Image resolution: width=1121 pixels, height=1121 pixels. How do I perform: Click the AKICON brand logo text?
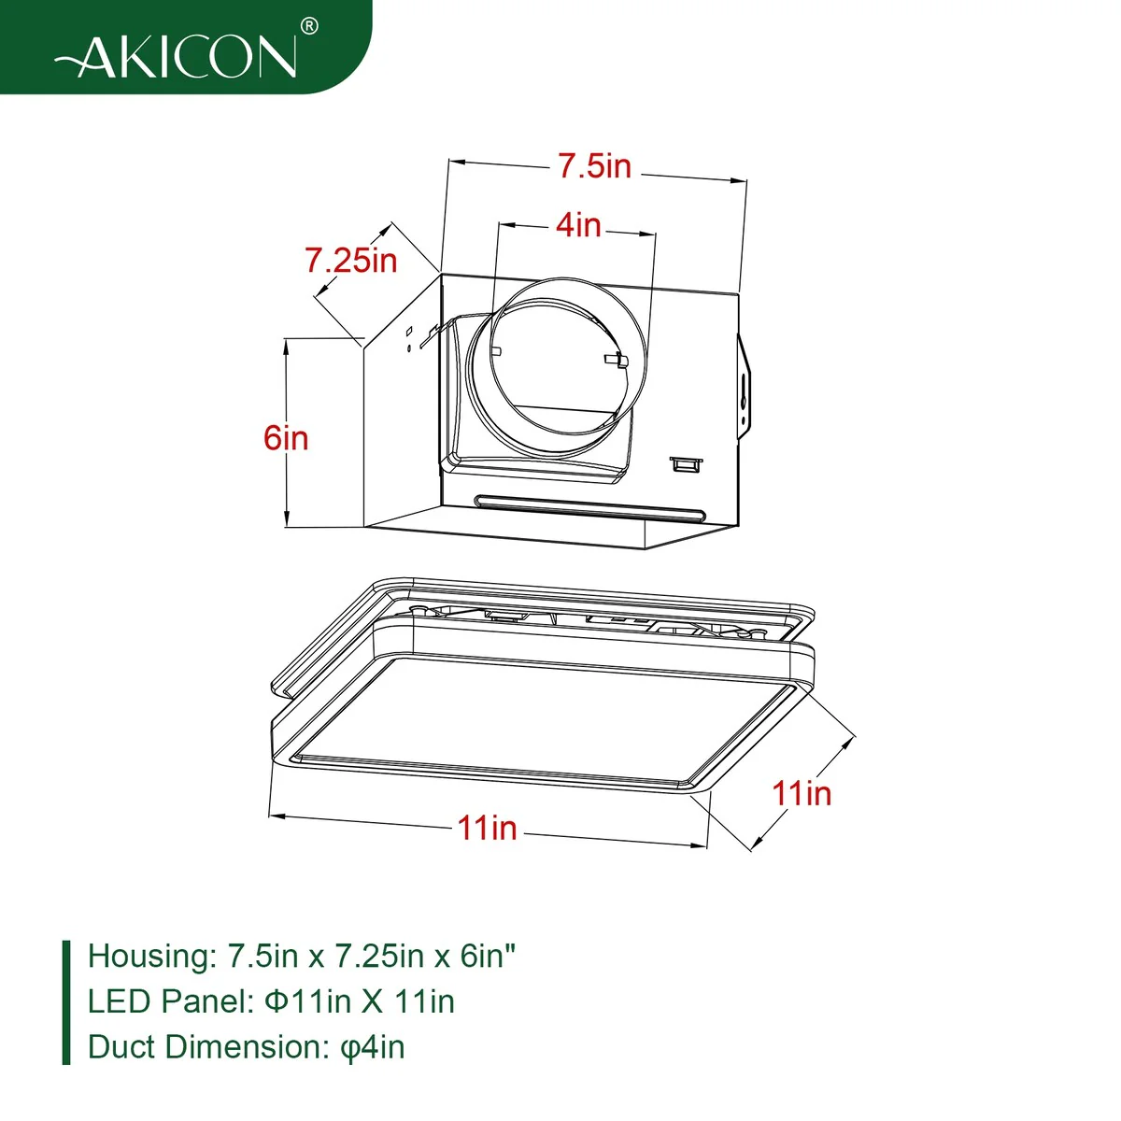click(177, 56)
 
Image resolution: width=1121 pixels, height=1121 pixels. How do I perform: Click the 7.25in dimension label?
click(351, 260)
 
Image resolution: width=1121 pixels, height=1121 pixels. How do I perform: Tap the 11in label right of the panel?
click(802, 792)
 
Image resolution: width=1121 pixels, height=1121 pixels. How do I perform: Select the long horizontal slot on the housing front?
click(589, 507)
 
